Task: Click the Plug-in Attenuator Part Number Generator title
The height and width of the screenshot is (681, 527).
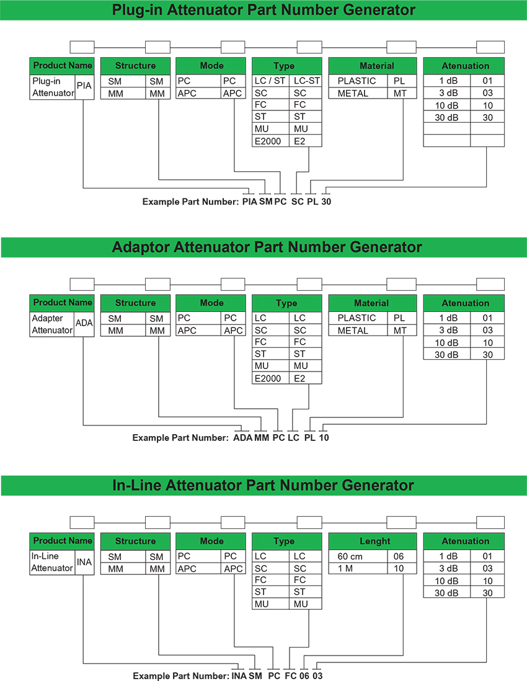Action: coord(263,10)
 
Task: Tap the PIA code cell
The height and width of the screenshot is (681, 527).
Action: coord(84,87)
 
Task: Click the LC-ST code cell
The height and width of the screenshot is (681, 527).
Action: coord(307,81)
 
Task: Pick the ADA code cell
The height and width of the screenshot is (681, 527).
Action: coord(84,323)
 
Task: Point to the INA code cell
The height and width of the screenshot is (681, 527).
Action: coord(84,562)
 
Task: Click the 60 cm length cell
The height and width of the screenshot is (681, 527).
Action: coord(356,556)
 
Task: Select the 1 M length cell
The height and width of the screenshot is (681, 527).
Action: coord(356,568)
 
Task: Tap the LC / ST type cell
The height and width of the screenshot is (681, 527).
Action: coord(271,81)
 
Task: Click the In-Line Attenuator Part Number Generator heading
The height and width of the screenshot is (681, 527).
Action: coord(263,485)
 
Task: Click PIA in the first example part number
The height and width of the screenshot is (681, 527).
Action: coord(249,202)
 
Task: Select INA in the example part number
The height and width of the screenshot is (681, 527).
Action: coord(239,675)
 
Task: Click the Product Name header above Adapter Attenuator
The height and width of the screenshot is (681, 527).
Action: coord(62,303)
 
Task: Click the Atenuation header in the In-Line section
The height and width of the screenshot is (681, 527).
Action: coord(465,541)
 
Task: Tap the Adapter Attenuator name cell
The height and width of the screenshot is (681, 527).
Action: coord(52,324)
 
